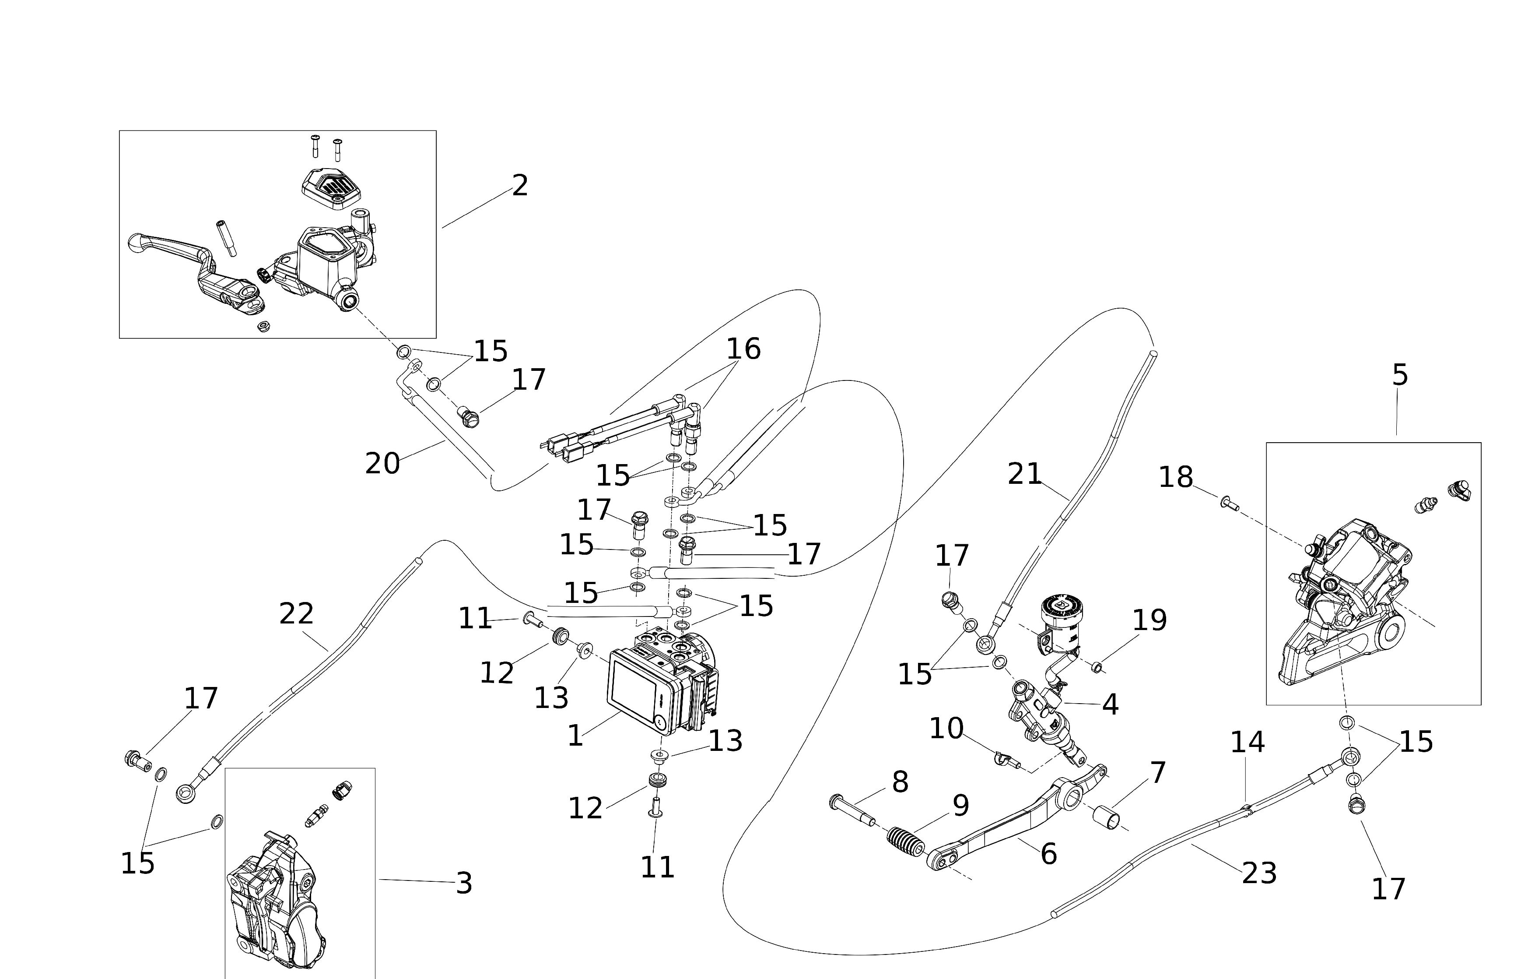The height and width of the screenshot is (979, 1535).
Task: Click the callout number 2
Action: point(520,186)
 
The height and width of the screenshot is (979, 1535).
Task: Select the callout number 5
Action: point(1399,375)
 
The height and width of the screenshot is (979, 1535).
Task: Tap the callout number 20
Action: point(382,464)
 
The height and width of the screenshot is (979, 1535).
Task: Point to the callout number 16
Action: point(743,349)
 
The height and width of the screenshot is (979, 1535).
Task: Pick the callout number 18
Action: point(1175,477)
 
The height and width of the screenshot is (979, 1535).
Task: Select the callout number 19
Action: point(1149,620)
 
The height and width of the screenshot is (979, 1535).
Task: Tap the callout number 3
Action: point(464,883)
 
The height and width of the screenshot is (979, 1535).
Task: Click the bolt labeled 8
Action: point(852,810)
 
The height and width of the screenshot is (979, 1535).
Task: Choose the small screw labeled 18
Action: point(1229,504)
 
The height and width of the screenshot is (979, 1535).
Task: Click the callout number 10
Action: point(946,729)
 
